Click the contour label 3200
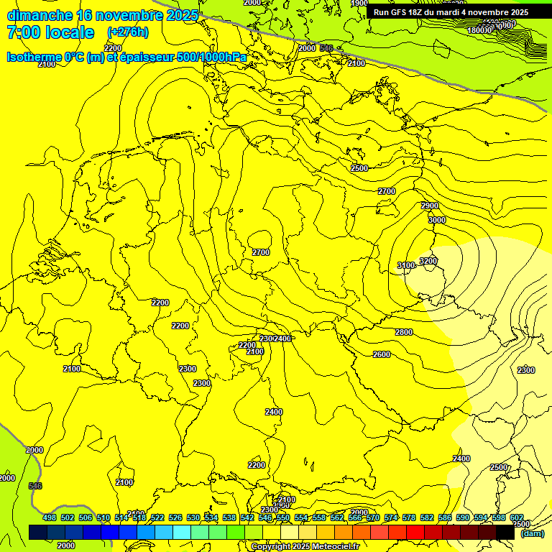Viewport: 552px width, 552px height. point(428,261)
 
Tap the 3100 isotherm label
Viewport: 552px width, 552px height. point(406,266)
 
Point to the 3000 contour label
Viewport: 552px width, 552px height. point(437,221)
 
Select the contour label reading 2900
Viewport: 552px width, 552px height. point(430,206)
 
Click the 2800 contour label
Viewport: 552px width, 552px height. point(404,332)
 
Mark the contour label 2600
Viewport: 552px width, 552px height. point(382,354)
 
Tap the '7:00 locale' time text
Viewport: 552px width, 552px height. point(50,32)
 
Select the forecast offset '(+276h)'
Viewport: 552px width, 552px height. point(128,32)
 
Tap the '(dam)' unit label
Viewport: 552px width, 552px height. point(532,533)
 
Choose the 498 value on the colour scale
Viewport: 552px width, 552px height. point(50,517)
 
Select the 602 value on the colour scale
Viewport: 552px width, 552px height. point(516,517)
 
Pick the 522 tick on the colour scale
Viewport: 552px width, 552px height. point(157,517)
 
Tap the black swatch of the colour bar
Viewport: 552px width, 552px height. point(505,532)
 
